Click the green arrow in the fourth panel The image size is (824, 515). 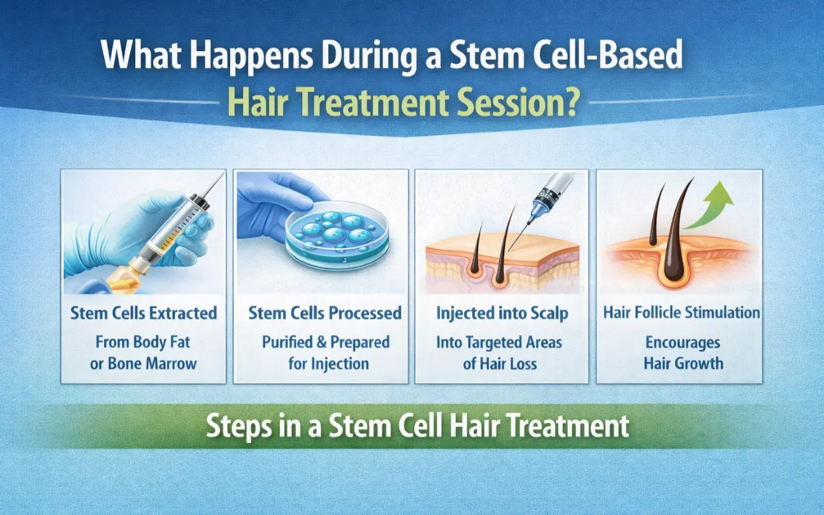710,206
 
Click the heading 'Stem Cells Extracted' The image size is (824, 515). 144,314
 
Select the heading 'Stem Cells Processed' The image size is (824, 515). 325,314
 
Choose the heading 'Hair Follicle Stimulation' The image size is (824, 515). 682,313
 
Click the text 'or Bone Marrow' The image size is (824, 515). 144,363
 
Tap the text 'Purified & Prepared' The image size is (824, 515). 325,342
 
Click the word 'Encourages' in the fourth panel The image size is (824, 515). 682,342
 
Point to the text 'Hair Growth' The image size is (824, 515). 682,363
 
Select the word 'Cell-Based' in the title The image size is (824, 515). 604,58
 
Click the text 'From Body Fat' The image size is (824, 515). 144,342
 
